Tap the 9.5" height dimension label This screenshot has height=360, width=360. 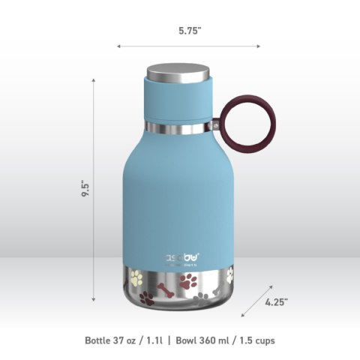[88, 187]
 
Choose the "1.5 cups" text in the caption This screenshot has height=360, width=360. [256, 340]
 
